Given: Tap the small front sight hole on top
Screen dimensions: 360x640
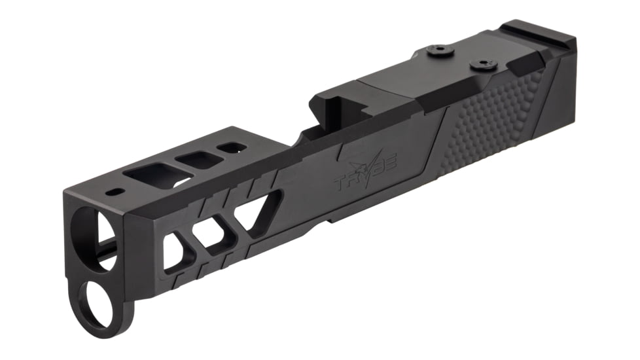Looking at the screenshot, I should [x=116, y=192].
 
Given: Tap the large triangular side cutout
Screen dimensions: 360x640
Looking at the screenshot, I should [x=258, y=209].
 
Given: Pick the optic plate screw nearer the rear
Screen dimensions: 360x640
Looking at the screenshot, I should [x=483, y=64].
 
